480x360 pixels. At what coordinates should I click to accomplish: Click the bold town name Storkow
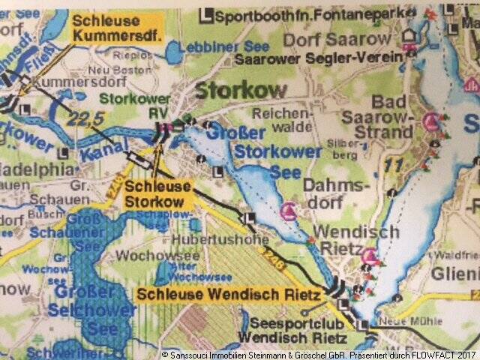tap(241, 91)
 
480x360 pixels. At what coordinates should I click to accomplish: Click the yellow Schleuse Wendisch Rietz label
tap(229, 295)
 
